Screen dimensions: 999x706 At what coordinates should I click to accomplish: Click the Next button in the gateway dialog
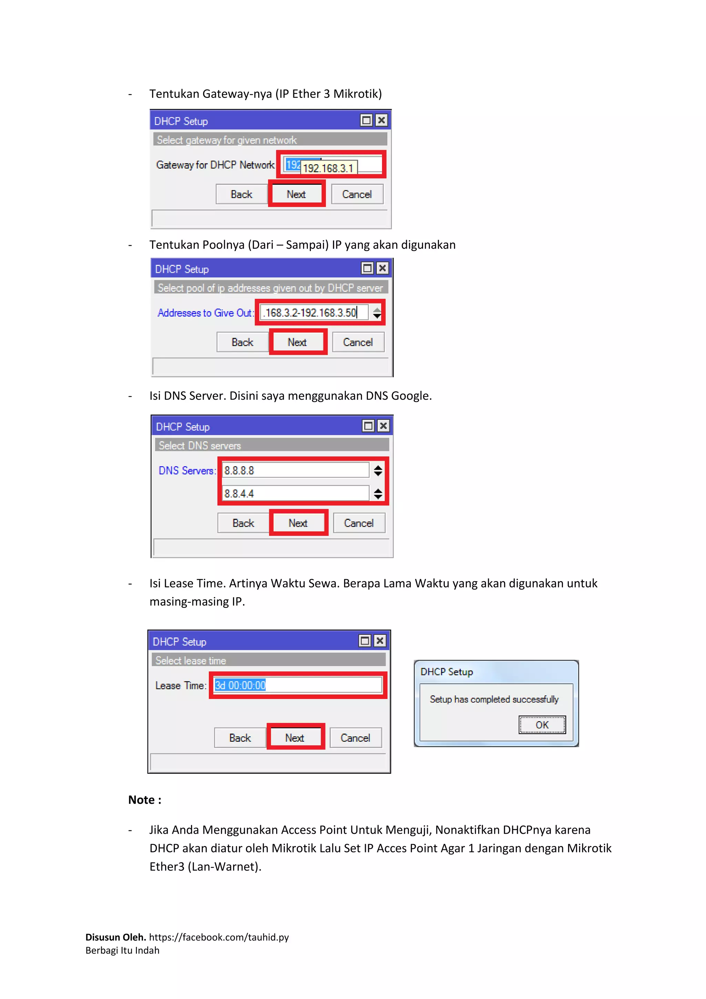[x=296, y=195]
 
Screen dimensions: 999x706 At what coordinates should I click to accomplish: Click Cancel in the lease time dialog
[x=355, y=738]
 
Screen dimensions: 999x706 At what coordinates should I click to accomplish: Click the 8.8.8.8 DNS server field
[x=295, y=470]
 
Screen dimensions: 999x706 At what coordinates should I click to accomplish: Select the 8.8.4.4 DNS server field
[x=295, y=493]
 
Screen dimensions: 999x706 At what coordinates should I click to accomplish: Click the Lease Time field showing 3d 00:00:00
[x=298, y=685]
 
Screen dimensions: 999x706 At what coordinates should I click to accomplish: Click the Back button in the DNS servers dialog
[x=243, y=523]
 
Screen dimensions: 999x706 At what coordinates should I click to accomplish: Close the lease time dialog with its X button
[x=380, y=641]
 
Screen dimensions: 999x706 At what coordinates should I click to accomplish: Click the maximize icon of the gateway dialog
[x=366, y=120]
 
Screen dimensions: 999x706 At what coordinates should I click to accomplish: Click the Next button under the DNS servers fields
[x=298, y=523]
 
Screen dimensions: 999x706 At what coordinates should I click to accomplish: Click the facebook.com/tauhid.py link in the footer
[x=219, y=937]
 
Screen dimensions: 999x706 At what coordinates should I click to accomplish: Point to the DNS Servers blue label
[x=186, y=470]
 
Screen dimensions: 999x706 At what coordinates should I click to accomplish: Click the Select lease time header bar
[x=268, y=661]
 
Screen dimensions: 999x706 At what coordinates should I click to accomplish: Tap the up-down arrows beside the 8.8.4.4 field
[x=378, y=493]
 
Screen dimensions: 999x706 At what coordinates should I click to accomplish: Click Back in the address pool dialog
[x=242, y=343]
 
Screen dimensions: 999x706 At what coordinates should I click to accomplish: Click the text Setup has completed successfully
[x=494, y=699]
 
